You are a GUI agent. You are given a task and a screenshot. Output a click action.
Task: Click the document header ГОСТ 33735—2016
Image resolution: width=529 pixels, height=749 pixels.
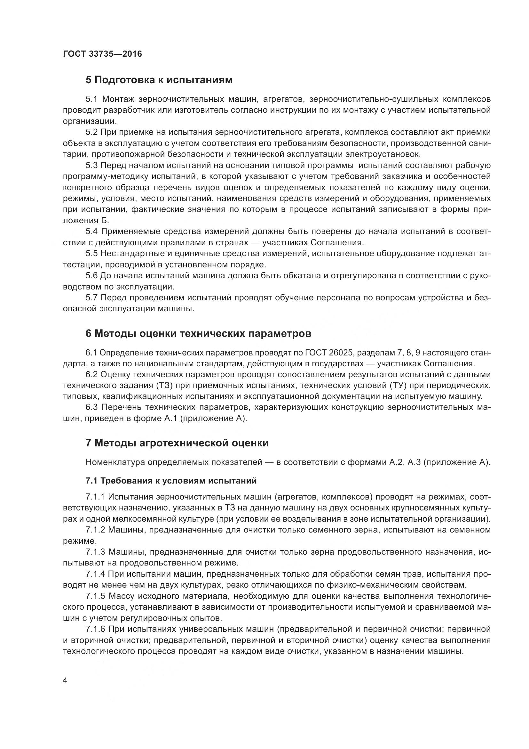102,54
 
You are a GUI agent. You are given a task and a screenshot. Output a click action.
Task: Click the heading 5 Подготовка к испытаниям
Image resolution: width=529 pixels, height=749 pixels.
159,80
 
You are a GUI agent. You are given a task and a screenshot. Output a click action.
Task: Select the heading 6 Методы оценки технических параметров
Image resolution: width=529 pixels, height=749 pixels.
198,333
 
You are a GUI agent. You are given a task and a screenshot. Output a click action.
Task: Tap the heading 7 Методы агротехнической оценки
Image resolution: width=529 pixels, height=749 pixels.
177,443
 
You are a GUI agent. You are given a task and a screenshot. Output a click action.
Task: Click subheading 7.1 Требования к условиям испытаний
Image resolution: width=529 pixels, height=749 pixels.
171,481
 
